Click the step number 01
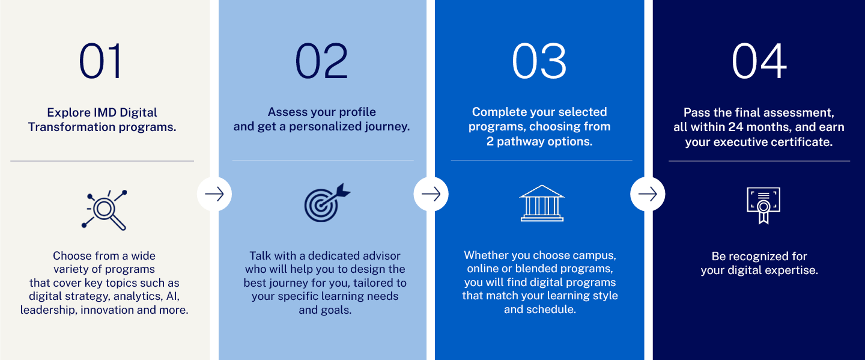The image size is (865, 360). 100,61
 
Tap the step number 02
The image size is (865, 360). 321,61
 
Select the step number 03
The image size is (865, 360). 539,61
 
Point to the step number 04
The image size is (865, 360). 759,61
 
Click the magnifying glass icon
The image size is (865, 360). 105,210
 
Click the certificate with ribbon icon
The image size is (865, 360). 763,205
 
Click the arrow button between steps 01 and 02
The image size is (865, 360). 214,194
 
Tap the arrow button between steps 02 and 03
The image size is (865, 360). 431,194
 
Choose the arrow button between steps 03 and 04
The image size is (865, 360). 648,194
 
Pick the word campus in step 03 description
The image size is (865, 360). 595,255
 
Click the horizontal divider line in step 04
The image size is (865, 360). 759,161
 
